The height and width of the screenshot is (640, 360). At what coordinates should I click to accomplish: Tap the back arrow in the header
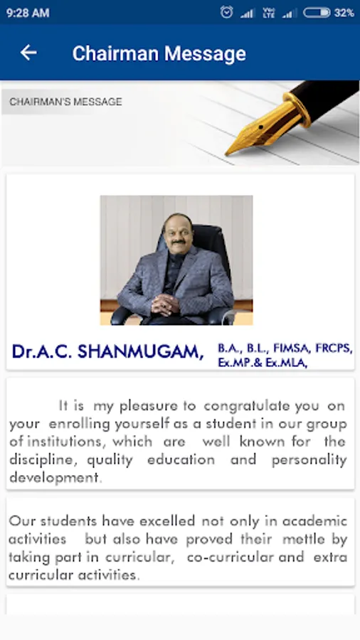click(28, 53)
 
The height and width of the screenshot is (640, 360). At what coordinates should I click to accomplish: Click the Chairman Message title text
click(159, 53)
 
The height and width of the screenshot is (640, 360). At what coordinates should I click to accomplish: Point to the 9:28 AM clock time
click(28, 13)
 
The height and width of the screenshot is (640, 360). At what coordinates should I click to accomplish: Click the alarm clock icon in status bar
click(226, 13)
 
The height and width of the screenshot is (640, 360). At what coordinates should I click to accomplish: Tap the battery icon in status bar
click(317, 13)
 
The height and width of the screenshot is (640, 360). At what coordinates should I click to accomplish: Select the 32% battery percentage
click(344, 13)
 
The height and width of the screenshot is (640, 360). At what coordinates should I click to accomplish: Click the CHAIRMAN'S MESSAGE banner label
click(65, 102)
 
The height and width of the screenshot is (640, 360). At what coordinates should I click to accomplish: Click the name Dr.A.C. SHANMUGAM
click(107, 352)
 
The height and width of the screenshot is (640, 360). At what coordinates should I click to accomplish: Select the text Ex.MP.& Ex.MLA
click(263, 363)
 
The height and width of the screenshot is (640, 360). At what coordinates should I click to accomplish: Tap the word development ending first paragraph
click(54, 478)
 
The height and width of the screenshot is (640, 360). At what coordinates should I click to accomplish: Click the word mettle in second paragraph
click(303, 539)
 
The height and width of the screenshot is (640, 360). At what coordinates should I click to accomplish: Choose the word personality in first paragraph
click(309, 460)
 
